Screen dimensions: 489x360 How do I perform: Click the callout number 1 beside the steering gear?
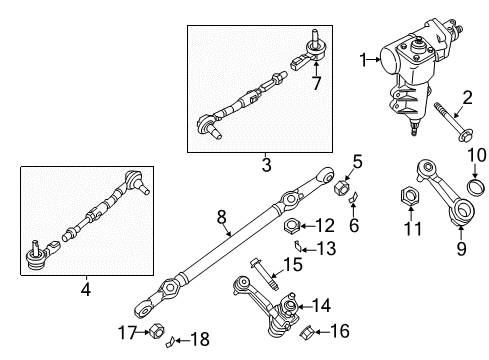pyautogui.click(x=363, y=60)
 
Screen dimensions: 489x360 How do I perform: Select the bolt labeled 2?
pyautogui.click(x=452, y=122)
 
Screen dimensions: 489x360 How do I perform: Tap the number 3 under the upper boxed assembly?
pyautogui.click(x=266, y=165)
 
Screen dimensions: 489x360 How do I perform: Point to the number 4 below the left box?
pyautogui.click(x=86, y=289)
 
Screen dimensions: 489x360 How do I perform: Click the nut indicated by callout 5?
pyautogui.click(x=342, y=188)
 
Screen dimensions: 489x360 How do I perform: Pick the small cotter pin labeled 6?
pyautogui.click(x=353, y=197)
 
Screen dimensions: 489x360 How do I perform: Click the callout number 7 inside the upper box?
pyautogui.click(x=316, y=83)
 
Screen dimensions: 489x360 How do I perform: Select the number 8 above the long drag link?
pyautogui.click(x=222, y=218)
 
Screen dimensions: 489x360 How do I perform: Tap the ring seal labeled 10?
pyautogui.click(x=475, y=189)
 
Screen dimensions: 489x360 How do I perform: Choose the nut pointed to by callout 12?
pyautogui.click(x=292, y=226)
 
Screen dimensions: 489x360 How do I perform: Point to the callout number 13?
pyautogui.click(x=326, y=249)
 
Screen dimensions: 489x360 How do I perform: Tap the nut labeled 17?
pyautogui.click(x=156, y=330)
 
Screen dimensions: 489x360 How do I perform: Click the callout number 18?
pyautogui.click(x=200, y=339)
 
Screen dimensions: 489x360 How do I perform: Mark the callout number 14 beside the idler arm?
pyautogui.click(x=321, y=305)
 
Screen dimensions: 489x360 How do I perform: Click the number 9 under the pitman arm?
pyautogui.click(x=461, y=249)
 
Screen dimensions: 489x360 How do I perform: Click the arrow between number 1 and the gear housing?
pyautogui.click(x=374, y=60)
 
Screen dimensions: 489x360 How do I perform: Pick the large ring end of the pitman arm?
pyautogui.click(x=464, y=210)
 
